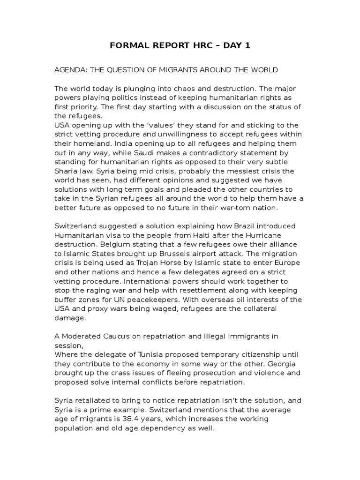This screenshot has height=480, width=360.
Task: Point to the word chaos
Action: coord(173,89)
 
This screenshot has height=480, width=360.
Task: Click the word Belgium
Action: coord(110,244)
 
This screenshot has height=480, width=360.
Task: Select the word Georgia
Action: coord(287,363)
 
